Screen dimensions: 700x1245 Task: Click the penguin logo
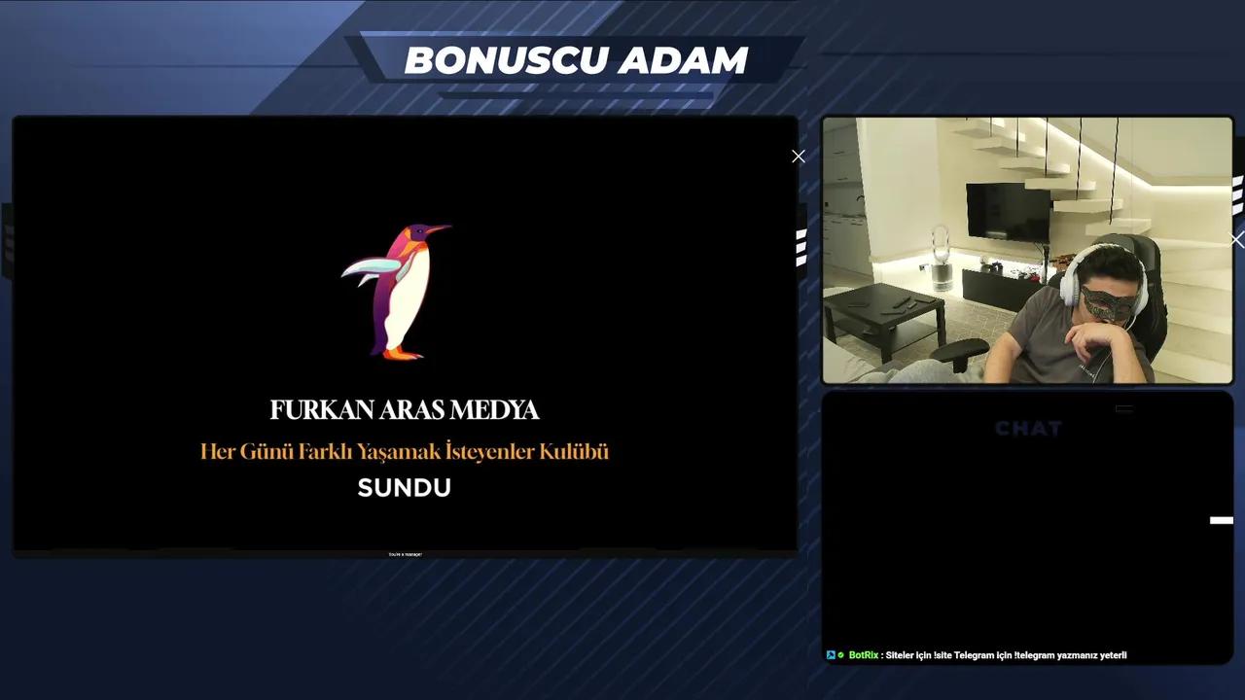click(x=398, y=291)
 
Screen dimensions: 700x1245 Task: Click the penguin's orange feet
click(x=402, y=353)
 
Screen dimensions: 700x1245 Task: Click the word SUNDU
click(x=404, y=488)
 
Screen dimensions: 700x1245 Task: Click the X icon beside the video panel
click(x=799, y=157)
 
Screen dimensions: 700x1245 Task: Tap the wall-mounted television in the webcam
click(x=1008, y=212)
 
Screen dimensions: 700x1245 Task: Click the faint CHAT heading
click(x=1028, y=429)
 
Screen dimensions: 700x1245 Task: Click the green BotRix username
click(x=863, y=655)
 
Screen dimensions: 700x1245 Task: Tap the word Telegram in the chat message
click(x=974, y=655)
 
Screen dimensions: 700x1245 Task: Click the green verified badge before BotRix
click(x=840, y=655)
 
